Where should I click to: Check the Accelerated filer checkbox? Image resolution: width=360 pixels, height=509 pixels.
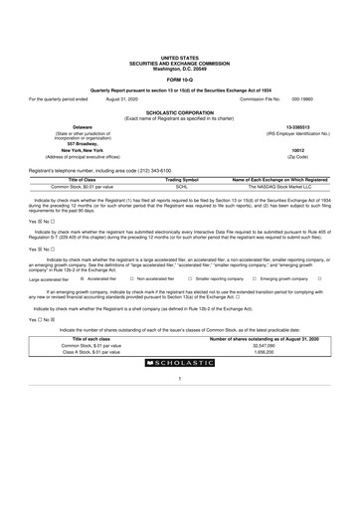click(83, 279)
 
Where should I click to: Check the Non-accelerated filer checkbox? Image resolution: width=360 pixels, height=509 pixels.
click(131, 279)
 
